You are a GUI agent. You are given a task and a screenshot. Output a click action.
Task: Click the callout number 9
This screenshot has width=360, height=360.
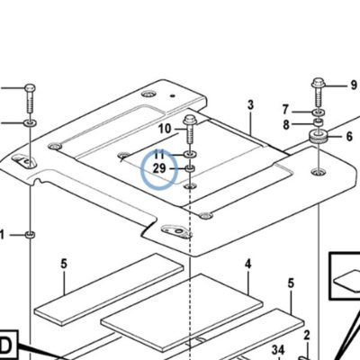[354, 85]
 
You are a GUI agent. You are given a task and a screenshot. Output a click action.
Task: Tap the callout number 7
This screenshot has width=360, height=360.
[285, 110]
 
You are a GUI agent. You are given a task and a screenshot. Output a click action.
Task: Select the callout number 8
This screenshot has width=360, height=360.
[286, 125]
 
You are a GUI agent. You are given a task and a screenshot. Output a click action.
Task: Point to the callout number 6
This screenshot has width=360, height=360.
[349, 137]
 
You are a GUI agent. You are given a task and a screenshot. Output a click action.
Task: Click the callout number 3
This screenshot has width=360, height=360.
[250, 105]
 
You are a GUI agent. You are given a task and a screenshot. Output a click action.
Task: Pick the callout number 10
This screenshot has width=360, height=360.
[165, 129]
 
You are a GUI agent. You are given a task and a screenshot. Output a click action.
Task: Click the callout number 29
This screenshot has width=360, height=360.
[159, 168]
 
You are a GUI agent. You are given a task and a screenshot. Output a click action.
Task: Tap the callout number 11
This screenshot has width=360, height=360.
[159, 155]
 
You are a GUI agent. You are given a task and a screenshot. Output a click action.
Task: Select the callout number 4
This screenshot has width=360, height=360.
[247, 264]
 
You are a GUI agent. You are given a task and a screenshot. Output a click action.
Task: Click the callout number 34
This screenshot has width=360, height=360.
[278, 350]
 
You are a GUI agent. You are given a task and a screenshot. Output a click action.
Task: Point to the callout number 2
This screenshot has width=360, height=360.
[306, 335]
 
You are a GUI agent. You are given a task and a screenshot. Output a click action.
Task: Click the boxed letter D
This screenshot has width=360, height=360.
[6, 346]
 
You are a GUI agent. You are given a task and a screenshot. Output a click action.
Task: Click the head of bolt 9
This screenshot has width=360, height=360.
[318, 83]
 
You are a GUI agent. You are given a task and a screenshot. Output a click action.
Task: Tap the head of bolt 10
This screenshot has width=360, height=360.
[190, 120]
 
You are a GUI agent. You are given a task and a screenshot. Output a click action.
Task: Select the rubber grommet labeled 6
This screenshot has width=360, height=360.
[319, 137]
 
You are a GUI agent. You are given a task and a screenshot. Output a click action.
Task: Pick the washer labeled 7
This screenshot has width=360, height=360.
[319, 112]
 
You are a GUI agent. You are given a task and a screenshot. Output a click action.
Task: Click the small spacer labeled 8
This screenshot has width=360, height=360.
[319, 122]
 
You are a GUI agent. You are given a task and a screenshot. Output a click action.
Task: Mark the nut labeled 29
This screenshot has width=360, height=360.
[190, 169]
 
